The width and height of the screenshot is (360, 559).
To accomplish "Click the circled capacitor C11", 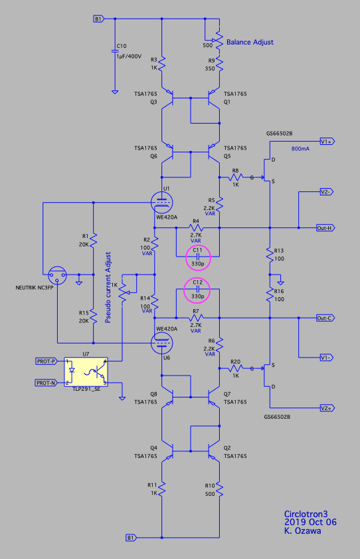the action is coord(198,257).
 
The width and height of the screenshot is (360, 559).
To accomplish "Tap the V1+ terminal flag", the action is coord(327,142).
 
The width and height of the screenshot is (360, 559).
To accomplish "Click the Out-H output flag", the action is coord(325,228).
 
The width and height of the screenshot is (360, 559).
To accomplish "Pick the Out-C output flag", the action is coord(325,318).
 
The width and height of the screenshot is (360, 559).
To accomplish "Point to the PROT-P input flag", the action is coord(46,361).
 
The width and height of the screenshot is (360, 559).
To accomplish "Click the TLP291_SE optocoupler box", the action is coord(86,372).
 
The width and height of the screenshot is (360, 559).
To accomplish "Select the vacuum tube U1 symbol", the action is coord(162,203).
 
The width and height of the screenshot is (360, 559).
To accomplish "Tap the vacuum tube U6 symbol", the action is coord(162,343).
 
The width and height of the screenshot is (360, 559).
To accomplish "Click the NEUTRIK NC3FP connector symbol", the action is coord(57,275).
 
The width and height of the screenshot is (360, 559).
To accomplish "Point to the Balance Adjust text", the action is coord(250,42).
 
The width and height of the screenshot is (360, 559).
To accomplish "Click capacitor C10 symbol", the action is coord(115,51).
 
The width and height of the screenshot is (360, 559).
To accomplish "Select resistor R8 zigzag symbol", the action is coord(235,177).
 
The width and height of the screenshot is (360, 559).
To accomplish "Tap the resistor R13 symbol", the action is coord(270,254).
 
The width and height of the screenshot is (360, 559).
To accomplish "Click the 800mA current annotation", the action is coord(300,149).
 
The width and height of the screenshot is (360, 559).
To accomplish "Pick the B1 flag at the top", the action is coord(99,19).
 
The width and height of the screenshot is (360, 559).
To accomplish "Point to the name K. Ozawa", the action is coord(303,531).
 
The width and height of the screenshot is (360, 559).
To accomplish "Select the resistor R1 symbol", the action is coord(93,239).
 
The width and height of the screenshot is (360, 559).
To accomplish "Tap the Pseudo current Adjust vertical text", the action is coord(108,287).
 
